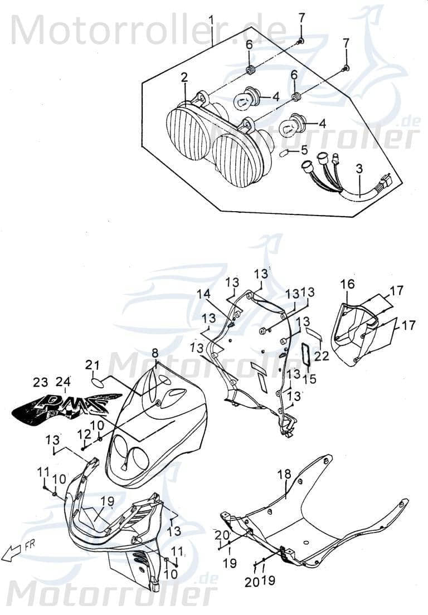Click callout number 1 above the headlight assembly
[x=211, y=21]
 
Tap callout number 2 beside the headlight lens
[x=184, y=78]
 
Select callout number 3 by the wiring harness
[x=359, y=168]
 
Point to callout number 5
[x=304, y=150]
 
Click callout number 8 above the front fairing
[x=155, y=353]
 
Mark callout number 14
[x=203, y=294]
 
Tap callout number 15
[x=309, y=379]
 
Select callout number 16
[x=347, y=285]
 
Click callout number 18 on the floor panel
[x=284, y=475]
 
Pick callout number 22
[x=322, y=355]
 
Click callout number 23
[x=41, y=382]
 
